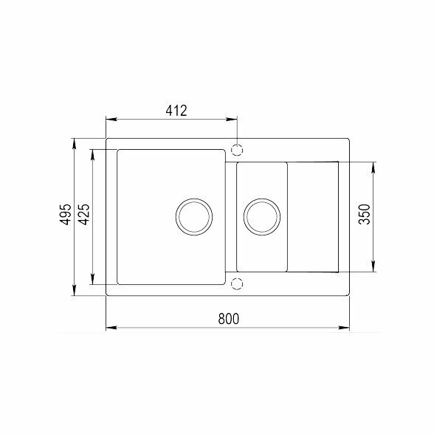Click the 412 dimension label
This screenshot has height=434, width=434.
176,111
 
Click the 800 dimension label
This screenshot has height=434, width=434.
228,319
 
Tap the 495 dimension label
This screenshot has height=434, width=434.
66,214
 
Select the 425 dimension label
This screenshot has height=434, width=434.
83,214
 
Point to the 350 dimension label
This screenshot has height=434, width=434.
364,214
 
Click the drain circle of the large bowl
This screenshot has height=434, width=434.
194,199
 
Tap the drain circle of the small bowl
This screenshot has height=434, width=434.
262,199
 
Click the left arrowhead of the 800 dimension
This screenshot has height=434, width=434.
111,328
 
